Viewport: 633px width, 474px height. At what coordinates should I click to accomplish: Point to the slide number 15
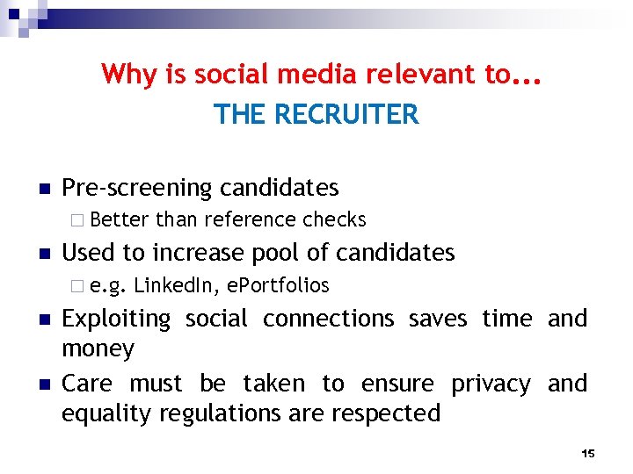(x=588, y=453)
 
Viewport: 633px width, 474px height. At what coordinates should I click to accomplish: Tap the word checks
(x=334, y=219)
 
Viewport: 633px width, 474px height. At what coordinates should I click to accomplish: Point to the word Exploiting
(x=116, y=318)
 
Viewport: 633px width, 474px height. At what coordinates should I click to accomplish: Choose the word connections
(x=329, y=318)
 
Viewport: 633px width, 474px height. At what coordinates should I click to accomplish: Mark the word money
(x=98, y=349)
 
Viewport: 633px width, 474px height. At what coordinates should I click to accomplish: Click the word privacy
(x=491, y=384)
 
